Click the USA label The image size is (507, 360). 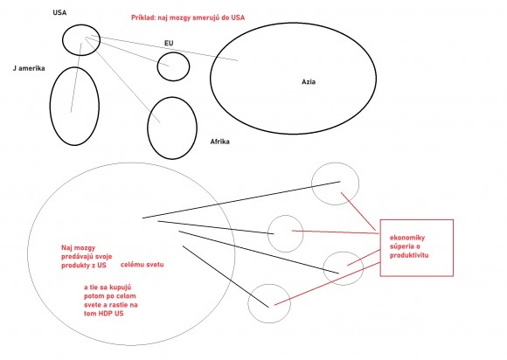coord(59,12)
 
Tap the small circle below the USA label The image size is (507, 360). coord(63,39)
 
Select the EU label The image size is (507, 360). coord(169,43)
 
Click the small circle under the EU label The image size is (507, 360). coord(158,66)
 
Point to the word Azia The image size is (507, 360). coord(309,82)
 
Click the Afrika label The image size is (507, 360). coord(220,142)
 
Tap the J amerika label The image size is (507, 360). coord(29,68)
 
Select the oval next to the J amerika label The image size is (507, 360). coord(51,106)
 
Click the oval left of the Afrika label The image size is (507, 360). coord(148,128)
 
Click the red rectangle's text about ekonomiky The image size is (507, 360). coord(409,246)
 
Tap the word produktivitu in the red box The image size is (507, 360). coord(409,255)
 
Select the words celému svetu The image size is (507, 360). coord(142,265)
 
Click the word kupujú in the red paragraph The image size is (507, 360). coord(121,287)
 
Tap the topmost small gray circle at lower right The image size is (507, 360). coord(312,183)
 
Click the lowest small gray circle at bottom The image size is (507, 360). coord(248,303)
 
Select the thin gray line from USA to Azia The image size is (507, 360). coord(164,48)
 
